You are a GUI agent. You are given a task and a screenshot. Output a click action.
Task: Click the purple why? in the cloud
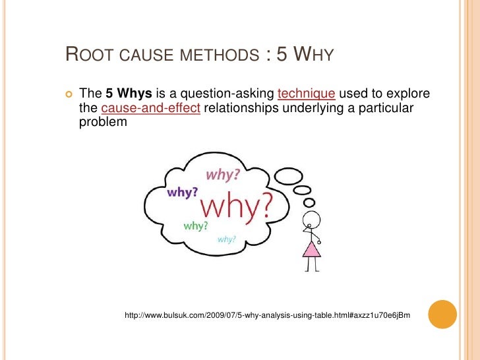point(183,193)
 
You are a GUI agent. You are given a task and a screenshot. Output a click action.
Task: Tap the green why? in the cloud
point(196,225)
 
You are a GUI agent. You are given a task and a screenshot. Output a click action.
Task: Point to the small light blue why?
point(226,239)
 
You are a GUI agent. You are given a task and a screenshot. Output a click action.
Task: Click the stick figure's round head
point(311,220)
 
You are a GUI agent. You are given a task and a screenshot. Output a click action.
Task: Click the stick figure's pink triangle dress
point(311,249)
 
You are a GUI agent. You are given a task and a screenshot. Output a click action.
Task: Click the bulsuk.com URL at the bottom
point(267,316)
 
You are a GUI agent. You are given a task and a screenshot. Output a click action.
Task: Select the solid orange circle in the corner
point(442,315)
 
